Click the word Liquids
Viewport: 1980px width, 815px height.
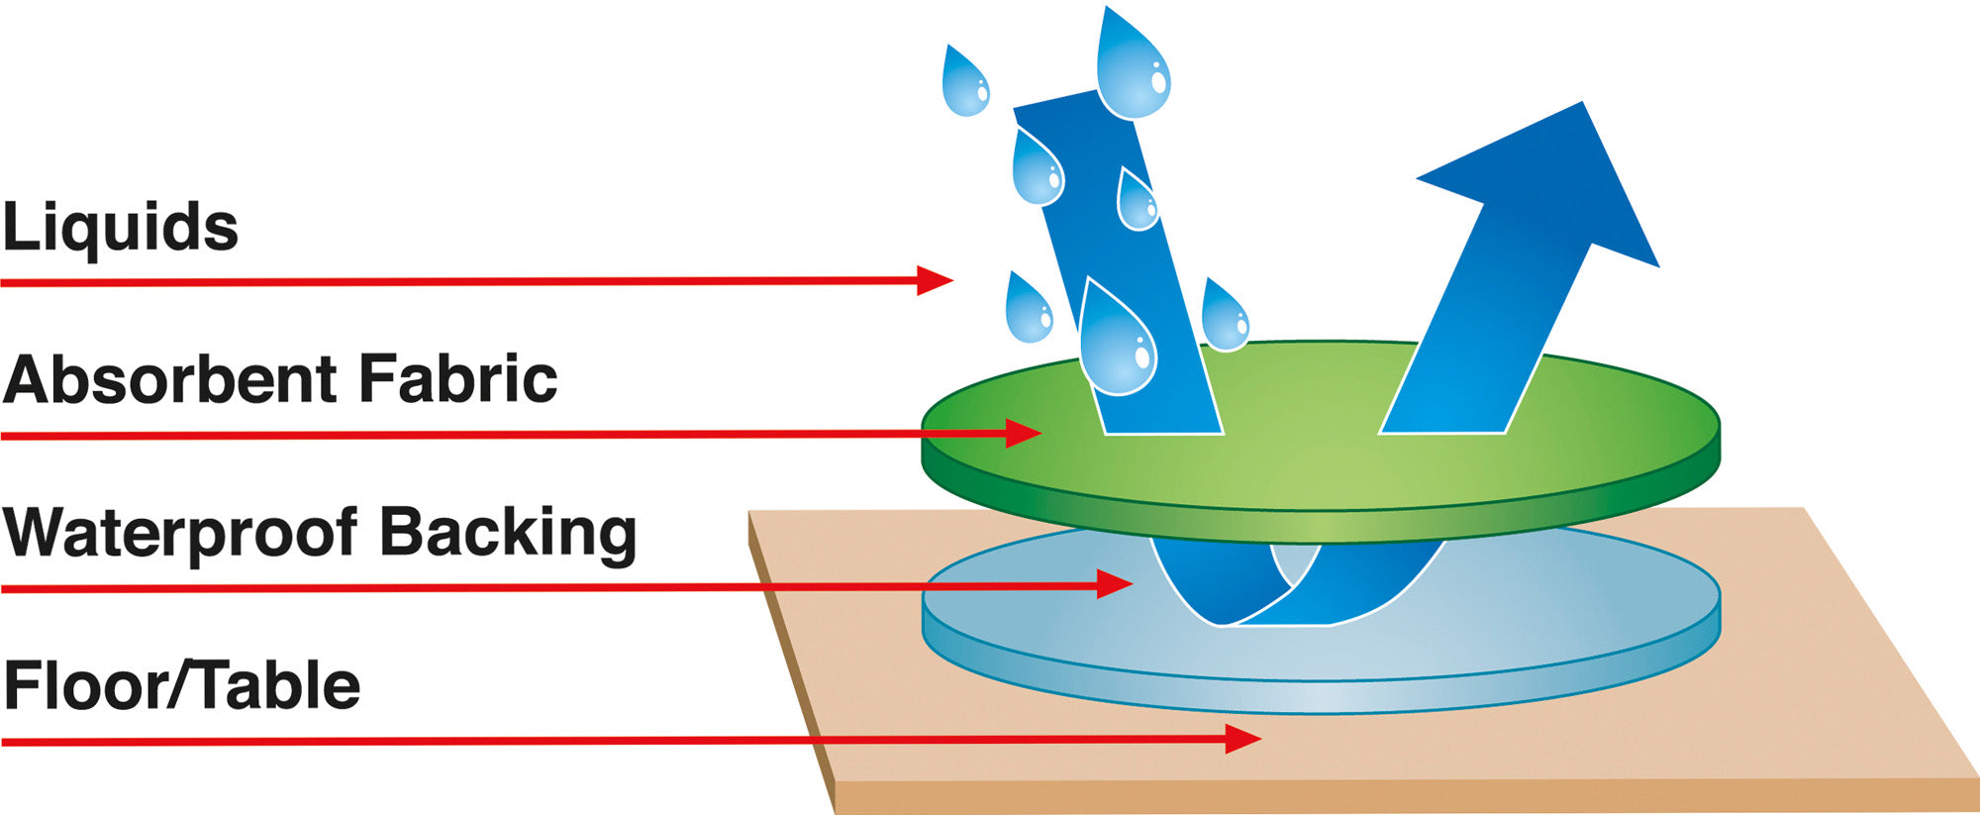(120, 228)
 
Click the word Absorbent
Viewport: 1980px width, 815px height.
(170, 379)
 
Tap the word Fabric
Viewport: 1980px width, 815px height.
(457, 379)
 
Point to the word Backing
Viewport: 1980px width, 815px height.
(508, 535)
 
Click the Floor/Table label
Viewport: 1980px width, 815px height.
(182, 686)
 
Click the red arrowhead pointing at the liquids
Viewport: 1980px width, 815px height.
(934, 281)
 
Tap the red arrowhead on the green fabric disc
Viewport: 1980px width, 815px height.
(1024, 434)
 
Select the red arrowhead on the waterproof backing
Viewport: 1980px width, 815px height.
(1115, 584)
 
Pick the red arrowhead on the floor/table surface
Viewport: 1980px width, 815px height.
(1242, 739)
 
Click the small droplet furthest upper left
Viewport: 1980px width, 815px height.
(964, 84)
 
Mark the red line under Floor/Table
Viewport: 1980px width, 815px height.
(594, 741)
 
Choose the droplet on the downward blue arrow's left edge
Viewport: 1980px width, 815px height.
(1037, 170)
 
